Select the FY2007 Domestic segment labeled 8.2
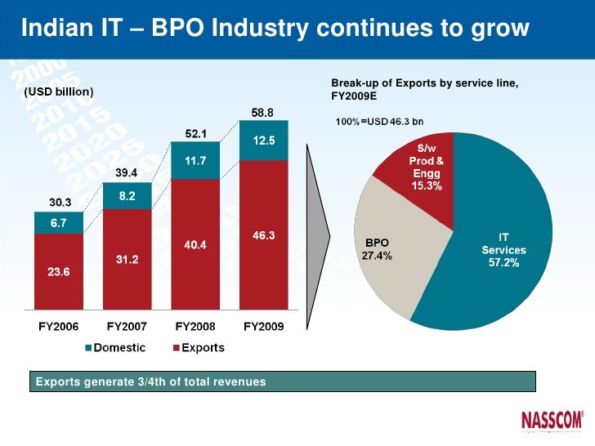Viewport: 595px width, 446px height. coord(127,196)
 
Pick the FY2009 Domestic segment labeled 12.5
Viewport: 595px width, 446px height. coord(263,140)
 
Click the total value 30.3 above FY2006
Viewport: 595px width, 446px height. coord(58,203)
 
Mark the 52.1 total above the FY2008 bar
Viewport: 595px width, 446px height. coord(194,132)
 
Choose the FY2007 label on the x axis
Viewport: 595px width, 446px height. coord(127,326)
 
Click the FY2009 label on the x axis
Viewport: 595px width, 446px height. coord(264,326)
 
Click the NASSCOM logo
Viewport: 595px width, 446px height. coord(552,420)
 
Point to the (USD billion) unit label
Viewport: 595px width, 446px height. coord(59,91)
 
